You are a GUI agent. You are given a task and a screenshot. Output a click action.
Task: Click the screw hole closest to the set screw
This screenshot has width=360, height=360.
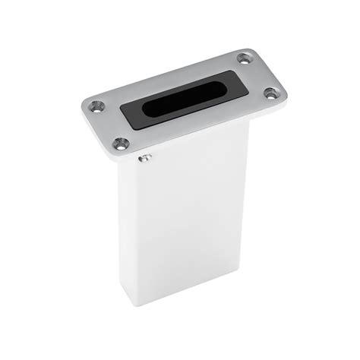point(119,142)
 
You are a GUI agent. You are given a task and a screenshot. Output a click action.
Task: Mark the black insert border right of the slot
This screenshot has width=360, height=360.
point(234,82)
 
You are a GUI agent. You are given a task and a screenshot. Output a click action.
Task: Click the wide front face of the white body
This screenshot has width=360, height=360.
point(190,220)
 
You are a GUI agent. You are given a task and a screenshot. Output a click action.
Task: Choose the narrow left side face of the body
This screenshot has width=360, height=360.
point(128,220)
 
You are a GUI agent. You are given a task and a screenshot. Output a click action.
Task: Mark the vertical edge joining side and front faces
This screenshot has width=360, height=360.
point(137,228)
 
